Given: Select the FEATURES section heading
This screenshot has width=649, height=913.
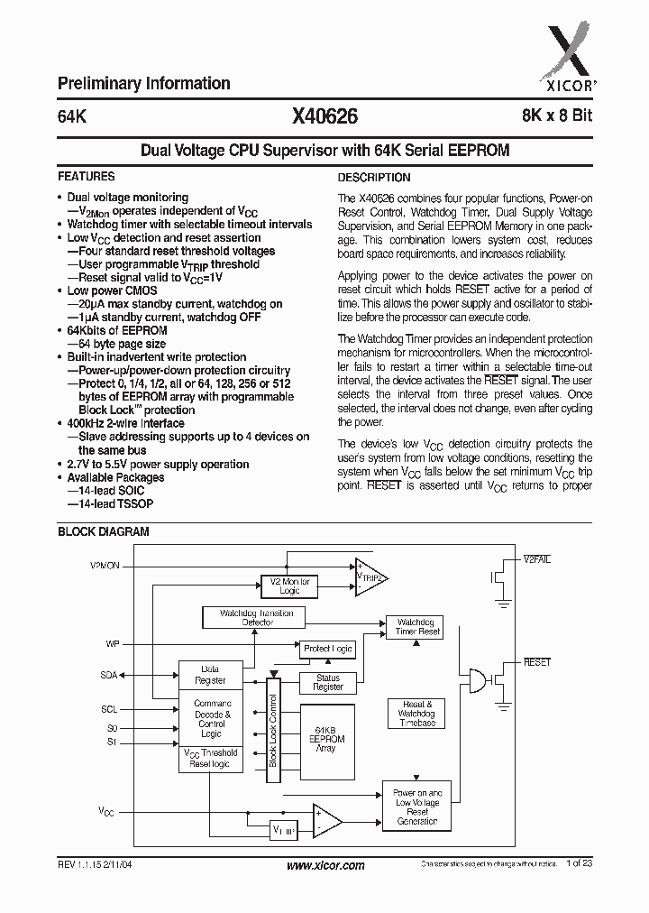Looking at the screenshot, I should (x=86, y=177).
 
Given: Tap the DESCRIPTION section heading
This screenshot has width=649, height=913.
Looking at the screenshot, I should (x=373, y=178).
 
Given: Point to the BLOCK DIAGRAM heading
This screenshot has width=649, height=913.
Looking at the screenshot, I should (x=103, y=532).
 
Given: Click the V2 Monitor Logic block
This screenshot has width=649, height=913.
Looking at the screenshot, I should (x=289, y=586).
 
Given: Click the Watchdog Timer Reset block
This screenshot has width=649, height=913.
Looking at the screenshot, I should (x=418, y=627).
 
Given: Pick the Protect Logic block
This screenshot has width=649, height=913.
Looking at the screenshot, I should (x=328, y=649).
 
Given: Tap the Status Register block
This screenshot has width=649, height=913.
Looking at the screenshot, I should (x=328, y=682).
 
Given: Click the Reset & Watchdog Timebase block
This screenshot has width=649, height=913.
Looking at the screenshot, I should (x=416, y=712).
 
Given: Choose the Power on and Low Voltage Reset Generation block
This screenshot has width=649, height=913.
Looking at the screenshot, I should (x=416, y=807).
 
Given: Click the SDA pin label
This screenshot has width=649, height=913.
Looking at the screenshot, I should (x=107, y=674).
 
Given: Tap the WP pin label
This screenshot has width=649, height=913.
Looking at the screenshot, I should (x=113, y=644).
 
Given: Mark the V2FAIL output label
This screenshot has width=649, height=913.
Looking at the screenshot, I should (x=537, y=560).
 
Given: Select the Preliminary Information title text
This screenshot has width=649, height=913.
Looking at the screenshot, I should (x=143, y=83).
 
